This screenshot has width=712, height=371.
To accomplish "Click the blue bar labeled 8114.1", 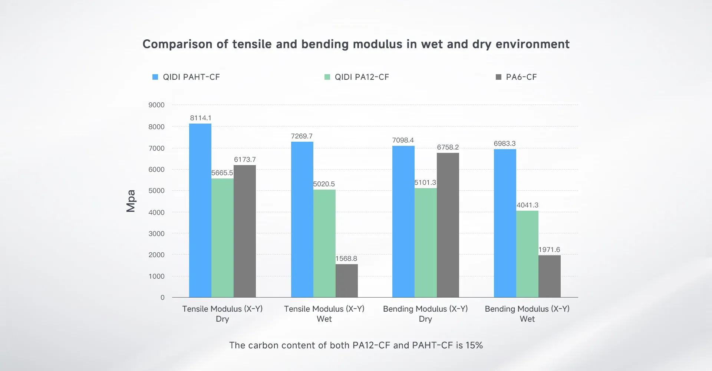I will point(200,210).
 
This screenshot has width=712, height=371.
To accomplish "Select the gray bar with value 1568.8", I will point(346,280).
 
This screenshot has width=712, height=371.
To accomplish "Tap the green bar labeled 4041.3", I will point(527,254).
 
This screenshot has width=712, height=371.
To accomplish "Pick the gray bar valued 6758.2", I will point(448,225).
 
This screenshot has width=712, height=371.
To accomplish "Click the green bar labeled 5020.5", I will point(324,243).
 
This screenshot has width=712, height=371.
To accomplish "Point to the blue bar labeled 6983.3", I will point(505,223).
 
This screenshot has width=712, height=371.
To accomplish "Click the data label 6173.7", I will point(245,160).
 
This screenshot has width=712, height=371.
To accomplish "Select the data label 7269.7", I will point(301,136).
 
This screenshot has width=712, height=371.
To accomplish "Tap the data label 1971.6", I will point(549,250).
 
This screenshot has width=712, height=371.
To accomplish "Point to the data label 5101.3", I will point(425,183).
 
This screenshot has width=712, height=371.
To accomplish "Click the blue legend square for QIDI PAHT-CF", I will point(155,77).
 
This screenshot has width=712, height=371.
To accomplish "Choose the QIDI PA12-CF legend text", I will point(362,77).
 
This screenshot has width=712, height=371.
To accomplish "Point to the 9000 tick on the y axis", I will point(156,105).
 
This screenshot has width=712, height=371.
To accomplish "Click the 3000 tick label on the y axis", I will point(156,234).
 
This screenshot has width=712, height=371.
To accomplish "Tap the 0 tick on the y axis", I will point(162,298).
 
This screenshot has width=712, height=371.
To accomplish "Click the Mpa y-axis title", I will point(131,201).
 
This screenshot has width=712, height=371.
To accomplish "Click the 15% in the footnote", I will point(474,345).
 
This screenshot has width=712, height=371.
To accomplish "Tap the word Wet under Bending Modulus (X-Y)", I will point(527,319).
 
